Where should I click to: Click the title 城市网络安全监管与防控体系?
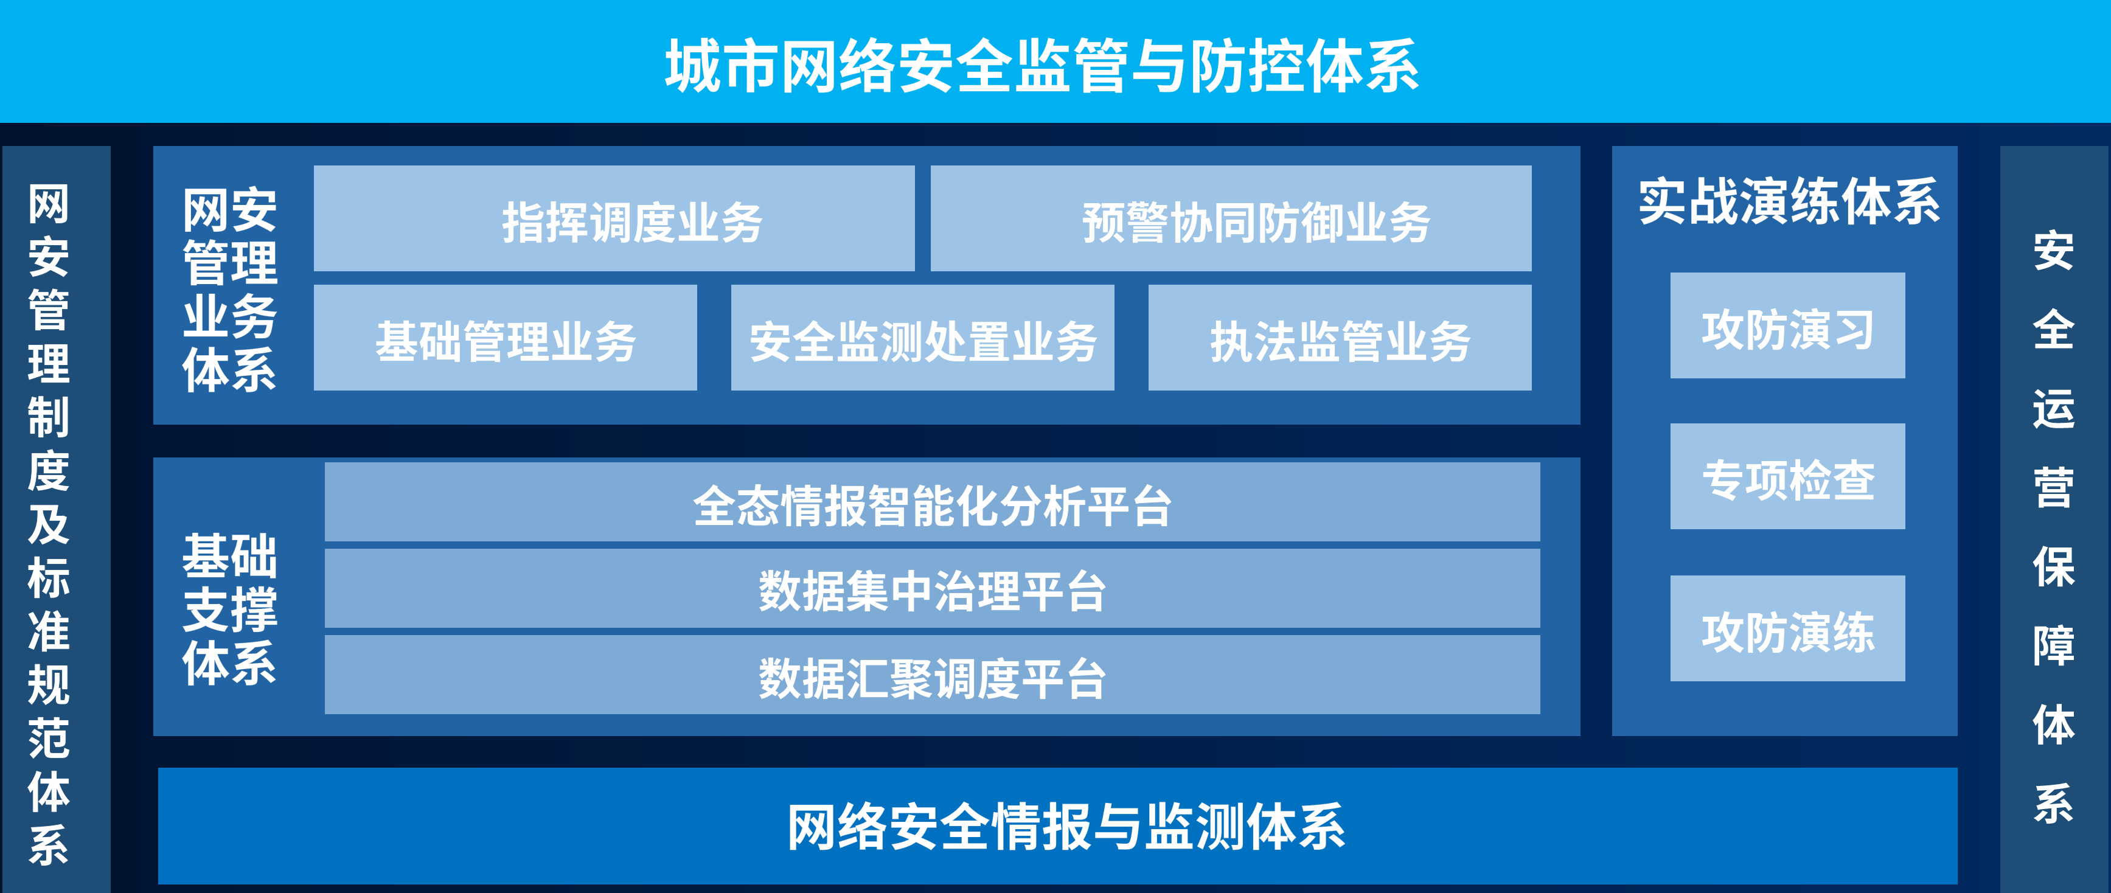pyautogui.click(x=1042, y=66)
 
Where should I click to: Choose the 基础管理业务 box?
pyautogui.click(x=506, y=338)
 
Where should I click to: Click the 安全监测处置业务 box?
pyautogui.click(x=923, y=338)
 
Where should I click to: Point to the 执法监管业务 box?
pyautogui.click(x=1340, y=338)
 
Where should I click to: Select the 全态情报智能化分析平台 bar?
pyautogui.click(x=933, y=502)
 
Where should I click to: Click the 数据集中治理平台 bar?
pyautogui.click(x=933, y=588)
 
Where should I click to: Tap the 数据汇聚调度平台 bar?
pyautogui.click(x=933, y=675)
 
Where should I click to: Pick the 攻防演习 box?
pyautogui.click(x=1787, y=325)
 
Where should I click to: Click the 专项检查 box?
pyautogui.click(x=1787, y=476)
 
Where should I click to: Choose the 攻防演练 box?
pyautogui.click(x=1787, y=628)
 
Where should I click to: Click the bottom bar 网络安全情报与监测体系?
pyautogui.click(x=1058, y=826)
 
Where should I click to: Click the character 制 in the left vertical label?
pyautogui.click(x=48, y=417)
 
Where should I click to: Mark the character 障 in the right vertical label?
pyautogui.click(x=2054, y=645)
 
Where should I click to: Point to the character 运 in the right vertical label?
pyautogui.click(x=2054, y=409)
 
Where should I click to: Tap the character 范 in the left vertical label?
pyautogui.click(x=48, y=737)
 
